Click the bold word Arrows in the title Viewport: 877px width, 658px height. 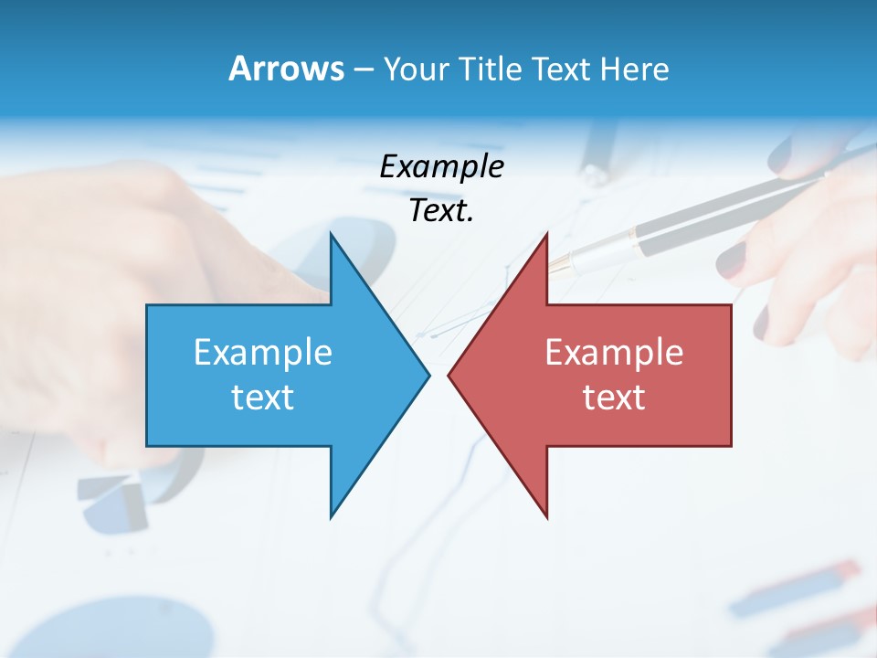(x=286, y=69)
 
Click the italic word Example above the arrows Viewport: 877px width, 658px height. (x=441, y=167)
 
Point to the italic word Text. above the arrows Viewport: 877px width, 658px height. (x=441, y=211)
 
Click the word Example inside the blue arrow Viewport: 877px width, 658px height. (x=263, y=353)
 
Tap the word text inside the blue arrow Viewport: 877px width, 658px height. (x=263, y=398)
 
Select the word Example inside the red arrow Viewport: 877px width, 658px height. (x=614, y=353)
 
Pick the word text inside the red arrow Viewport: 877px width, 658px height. (x=614, y=398)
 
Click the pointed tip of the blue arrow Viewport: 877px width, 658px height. (x=428, y=375)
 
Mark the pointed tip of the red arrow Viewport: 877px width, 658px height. (x=449, y=375)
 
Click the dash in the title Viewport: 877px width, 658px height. (x=363, y=69)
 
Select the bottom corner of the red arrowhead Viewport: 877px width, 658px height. (x=546, y=515)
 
